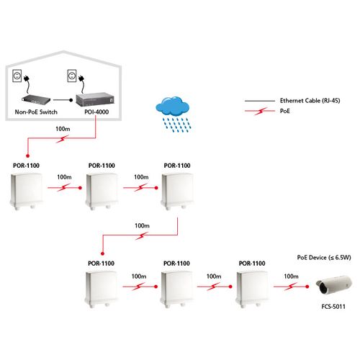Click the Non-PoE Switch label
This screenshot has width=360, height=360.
[x=36, y=112]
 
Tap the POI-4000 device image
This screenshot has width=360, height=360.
[x=95, y=99]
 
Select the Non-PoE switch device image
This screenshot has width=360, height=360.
[x=36, y=99]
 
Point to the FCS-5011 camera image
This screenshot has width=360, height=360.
[x=333, y=285]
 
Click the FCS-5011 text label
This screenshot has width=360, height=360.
[x=333, y=307]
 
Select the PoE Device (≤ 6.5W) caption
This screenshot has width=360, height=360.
[x=324, y=258]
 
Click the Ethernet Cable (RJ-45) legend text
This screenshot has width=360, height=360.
[x=310, y=101]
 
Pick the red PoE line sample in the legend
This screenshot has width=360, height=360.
[x=260, y=111]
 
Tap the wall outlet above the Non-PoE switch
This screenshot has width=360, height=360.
[x=17, y=76]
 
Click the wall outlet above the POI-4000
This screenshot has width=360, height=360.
[x=72, y=76]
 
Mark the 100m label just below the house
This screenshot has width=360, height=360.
[x=63, y=129]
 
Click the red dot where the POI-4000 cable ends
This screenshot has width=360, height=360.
[x=28, y=156]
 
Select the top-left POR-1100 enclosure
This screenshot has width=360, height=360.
[x=27, y=192]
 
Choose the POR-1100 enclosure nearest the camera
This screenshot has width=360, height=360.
[x=252, y=289]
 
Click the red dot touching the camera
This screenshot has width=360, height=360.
[x=307, y=287]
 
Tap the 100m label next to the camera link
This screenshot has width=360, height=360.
[x=291, y=276]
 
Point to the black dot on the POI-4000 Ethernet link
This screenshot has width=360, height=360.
[x=71, y=100]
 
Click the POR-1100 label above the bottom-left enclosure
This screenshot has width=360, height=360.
[x=101, y=264]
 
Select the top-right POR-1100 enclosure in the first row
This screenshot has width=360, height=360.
[x=177, y=192]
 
